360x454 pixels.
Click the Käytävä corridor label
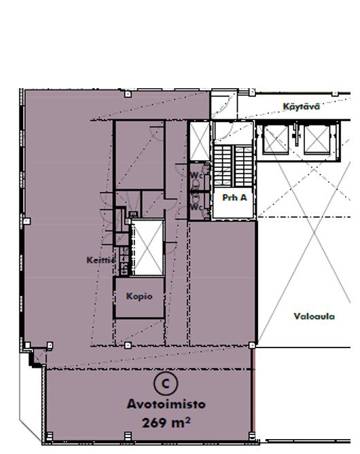301,107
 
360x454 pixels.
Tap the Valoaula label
314,316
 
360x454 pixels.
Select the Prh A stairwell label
234,197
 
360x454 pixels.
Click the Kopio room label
139,297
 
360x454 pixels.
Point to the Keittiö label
101,260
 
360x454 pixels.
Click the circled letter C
166,383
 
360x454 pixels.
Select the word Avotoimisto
166,404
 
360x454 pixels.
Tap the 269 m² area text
166,423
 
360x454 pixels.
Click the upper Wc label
196,176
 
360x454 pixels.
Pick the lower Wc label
196,207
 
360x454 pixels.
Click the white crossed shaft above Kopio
148,248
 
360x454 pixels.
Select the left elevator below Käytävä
276,140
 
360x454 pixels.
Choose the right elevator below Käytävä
317,140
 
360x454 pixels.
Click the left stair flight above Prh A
223,166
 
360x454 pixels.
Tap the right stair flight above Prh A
243,166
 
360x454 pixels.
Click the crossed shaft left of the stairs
200,141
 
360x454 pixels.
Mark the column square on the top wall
128,94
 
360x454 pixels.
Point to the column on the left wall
26,221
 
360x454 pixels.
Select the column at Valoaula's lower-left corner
252,345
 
